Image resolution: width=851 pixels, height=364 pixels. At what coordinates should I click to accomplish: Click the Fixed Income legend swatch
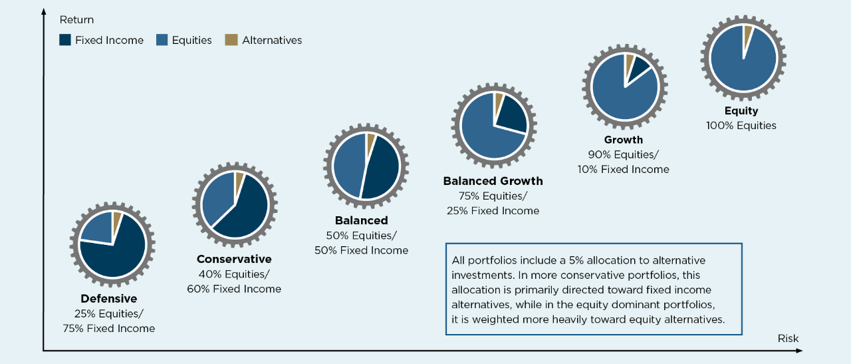click(65, 40)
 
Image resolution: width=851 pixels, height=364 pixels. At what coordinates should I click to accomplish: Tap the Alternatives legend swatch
click(231, 40)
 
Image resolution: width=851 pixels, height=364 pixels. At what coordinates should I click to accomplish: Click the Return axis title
click(76, 20)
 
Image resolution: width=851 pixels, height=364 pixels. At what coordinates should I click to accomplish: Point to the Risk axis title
click(788, 338)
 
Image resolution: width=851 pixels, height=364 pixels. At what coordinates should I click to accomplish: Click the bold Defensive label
click(109, 299)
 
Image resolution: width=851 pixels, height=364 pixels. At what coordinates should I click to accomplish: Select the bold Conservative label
click(234, 259)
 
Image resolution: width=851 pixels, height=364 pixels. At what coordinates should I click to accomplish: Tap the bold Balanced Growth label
click(493, 181)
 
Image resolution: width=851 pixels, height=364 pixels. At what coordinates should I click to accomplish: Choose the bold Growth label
click(623, 140)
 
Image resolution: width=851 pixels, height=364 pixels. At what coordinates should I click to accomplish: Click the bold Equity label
click(741, 111)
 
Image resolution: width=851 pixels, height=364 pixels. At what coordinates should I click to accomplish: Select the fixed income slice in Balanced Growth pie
click(511, 116)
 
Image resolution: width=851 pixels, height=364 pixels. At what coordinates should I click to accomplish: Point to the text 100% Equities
click(741, 125)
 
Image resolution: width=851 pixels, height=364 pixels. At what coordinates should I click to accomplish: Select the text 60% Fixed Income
click(234, 289)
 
